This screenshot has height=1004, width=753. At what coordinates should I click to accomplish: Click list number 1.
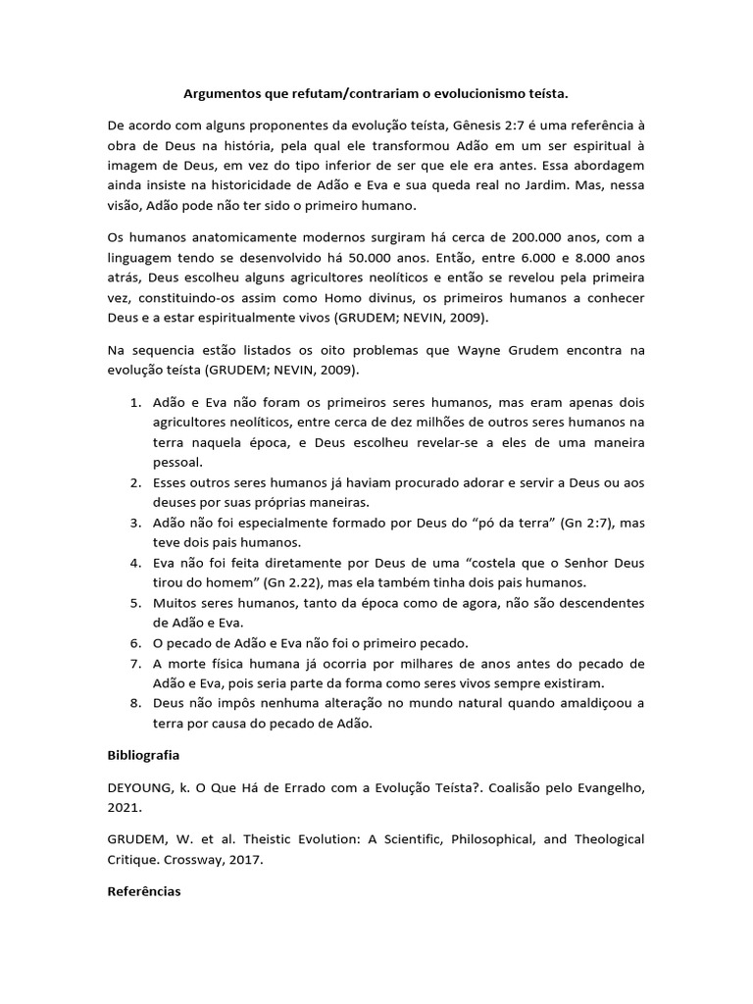[135, 403]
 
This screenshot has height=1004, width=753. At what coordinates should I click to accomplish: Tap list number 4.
[135, 564]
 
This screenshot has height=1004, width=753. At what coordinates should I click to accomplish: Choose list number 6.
[135, 643]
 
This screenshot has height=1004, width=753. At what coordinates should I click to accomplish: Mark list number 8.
[135, 704]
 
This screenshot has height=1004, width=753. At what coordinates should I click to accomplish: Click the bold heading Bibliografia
[143, 757]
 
